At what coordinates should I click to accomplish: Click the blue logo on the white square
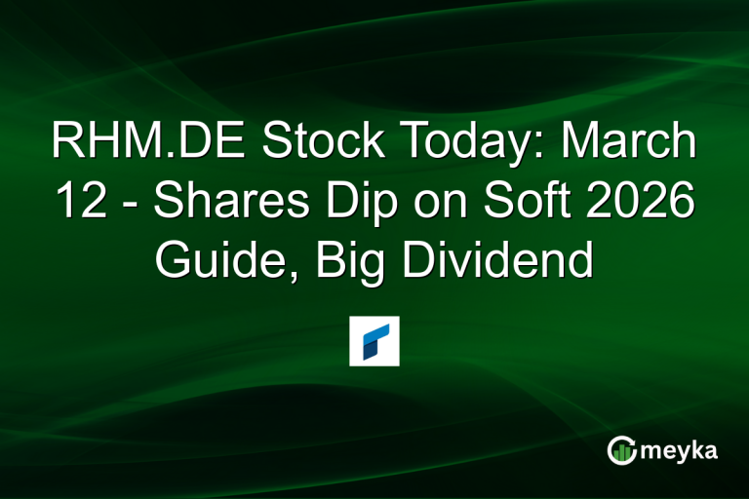(374, 341)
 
